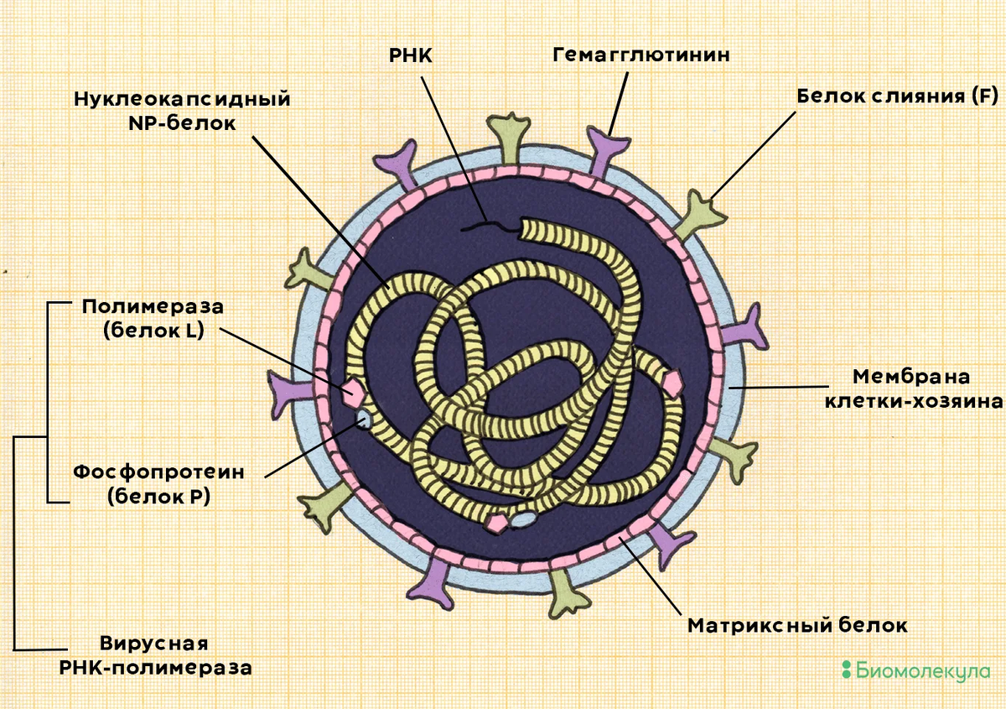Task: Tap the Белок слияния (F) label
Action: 895,96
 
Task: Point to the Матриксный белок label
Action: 796,626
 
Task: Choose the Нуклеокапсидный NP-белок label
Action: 182,110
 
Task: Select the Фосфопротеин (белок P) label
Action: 158,483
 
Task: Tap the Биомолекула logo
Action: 915,670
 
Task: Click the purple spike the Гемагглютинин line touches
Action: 606,154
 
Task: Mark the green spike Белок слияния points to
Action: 701,211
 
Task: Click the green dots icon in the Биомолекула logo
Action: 846,670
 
